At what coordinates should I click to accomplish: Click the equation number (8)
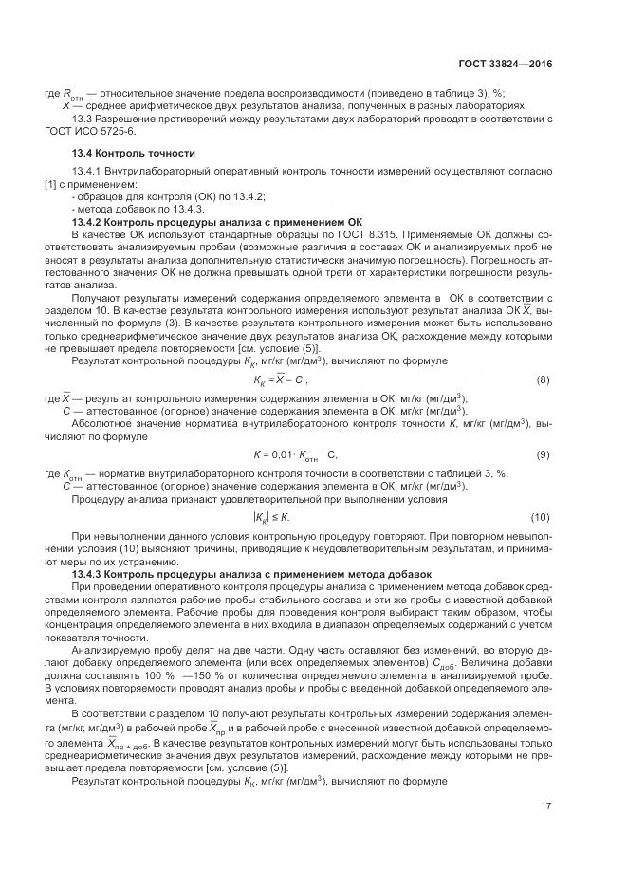tap(543, 379)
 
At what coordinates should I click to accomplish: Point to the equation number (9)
tap(543, 454)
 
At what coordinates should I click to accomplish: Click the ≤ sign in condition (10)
tap(275, 517)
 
